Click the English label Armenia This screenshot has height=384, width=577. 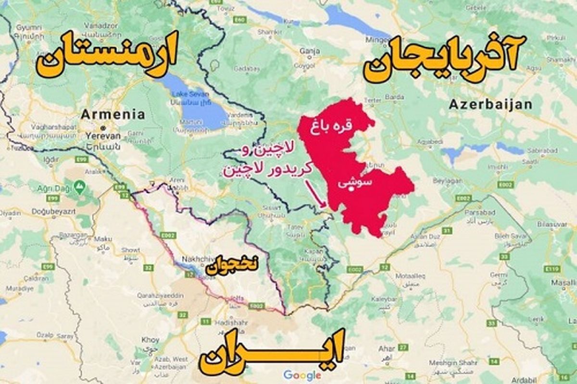pyautogui.click(x=113, y=114)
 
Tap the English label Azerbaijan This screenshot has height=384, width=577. pyautogui.click(x=490, y=105)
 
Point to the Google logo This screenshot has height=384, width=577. pyautogui.click(x=302, y=375)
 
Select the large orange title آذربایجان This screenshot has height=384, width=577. pyautogui.click(x=440, y=61)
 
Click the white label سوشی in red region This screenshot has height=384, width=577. pyautogui.click(x=350, y=183)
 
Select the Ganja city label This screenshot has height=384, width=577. pyautogui.click(x=310, y=50)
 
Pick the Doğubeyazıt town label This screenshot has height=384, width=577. pyautogui.click(x=53, y=211)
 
